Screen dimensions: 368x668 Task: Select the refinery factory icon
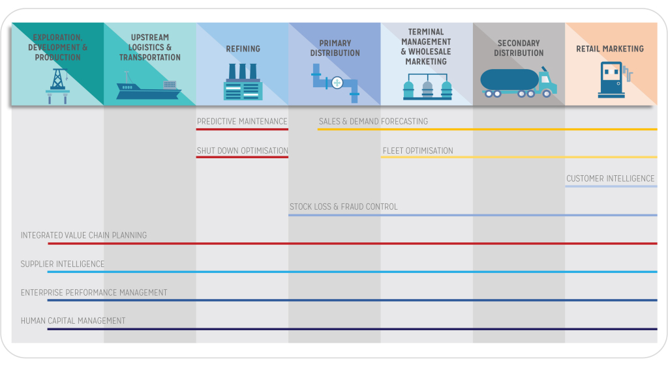[242, 82]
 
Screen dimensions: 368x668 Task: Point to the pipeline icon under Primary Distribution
[335, 83]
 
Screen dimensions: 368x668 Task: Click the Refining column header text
[243, 49]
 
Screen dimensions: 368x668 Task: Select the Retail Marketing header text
[610, 49]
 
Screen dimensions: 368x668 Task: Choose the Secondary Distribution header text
[519, 48]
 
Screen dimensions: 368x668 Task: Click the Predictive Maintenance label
[242, 121]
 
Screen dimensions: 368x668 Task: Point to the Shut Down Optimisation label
[243, 150]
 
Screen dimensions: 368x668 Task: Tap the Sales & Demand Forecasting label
[373, 121]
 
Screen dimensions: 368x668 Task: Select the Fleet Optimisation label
[417, 150]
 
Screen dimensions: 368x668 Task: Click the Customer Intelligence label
[610, 178]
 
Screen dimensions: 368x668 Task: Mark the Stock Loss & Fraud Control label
[343, 207]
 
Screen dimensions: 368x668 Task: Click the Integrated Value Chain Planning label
[83, 235]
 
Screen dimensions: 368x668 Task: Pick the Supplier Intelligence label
[63, 264]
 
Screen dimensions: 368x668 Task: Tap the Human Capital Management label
[73, 320]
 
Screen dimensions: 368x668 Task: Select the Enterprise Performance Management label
[94, 292]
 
